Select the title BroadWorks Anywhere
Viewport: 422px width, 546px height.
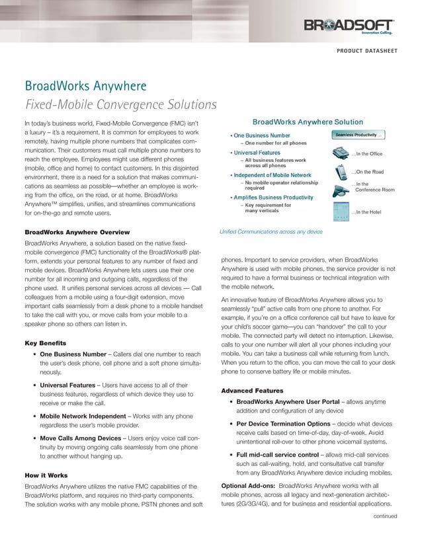(x=85, y=87)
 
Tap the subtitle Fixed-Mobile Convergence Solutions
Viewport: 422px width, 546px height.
(x=120, y=104)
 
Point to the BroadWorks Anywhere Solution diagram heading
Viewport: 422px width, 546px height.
(x=308, y=122)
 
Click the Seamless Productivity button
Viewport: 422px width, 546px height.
(x=357, y=135)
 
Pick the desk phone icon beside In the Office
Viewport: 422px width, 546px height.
(x=340, y=153)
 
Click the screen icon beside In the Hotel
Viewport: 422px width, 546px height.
(x=340, y=211)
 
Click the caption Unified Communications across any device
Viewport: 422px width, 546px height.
(x=271, y=232)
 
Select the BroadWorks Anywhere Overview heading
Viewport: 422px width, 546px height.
(x=77, y=233)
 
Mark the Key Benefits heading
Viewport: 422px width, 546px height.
(x=45, y=344)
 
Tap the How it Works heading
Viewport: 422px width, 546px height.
(x=46, y=475)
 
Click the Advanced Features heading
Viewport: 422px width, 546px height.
(x=252, y=391)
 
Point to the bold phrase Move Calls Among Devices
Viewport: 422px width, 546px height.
(x=81, y=438)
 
